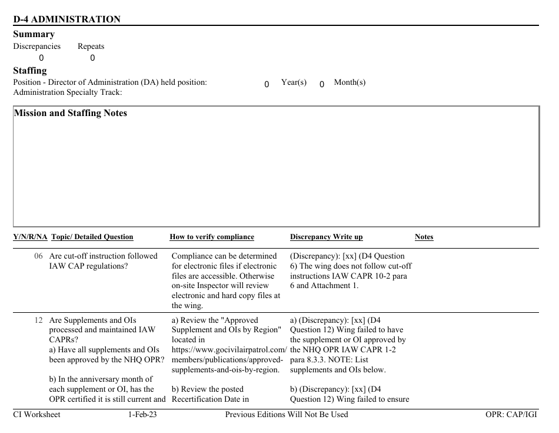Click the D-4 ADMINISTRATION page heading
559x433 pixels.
point(66,19)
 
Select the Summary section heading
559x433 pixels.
point(34,34)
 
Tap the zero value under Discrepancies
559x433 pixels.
point(41,58)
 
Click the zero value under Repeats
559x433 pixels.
point(92,58)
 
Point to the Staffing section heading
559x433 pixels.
point(29,71)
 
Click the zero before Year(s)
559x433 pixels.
point(267,84)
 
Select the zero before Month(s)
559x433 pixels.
point(322,84)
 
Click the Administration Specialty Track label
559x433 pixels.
point(68,92)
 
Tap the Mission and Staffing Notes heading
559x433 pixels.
point(70,113)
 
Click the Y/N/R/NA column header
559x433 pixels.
point(30,237)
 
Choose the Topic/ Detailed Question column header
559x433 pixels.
point(92,237)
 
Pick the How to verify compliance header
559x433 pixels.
point(212,237)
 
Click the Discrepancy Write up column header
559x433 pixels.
point(326,237)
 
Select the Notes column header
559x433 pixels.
point(424,237)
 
